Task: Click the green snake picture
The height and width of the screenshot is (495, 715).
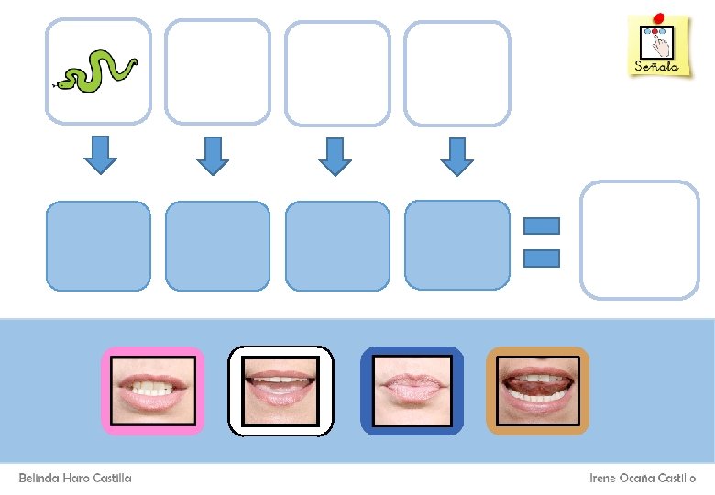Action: [97, 71]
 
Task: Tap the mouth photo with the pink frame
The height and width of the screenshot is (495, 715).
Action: [151, 390]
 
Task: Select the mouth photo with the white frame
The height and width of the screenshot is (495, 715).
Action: [280, 390]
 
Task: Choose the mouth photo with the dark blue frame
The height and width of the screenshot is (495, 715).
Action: [412, 390]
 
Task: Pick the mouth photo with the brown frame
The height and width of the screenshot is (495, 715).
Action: [537, 390]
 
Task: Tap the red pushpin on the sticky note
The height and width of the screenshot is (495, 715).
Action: [658, 16]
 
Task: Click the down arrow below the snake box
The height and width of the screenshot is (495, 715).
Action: [100, 155]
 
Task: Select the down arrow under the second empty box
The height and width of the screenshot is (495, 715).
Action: [213, 155]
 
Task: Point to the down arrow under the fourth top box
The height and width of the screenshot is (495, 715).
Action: [456, 155]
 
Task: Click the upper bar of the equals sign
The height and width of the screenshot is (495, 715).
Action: [542, 225]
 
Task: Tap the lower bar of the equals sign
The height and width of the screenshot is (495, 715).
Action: [542, 258]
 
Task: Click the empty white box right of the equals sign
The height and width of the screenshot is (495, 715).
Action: [640, 240]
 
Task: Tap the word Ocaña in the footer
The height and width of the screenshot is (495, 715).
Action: [643, 478]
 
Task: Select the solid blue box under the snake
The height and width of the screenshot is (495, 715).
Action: [98, 246]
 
